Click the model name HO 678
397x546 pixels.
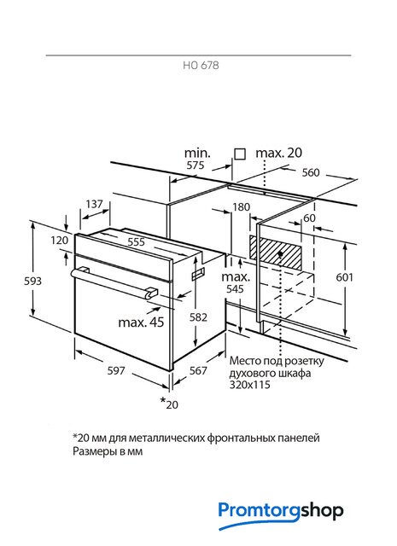[201, 65]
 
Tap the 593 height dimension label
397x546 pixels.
[32, 281]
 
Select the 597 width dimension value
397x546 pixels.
[116, 370]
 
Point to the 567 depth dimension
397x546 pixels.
[198, 370]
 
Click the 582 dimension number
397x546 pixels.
[198, 317]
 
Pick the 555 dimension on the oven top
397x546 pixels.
[136, 241]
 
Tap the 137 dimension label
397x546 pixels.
[94, 204]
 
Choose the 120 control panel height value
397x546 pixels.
[59, 240]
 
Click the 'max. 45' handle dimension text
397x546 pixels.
[141, 322]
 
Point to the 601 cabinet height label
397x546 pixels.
[344, 277]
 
